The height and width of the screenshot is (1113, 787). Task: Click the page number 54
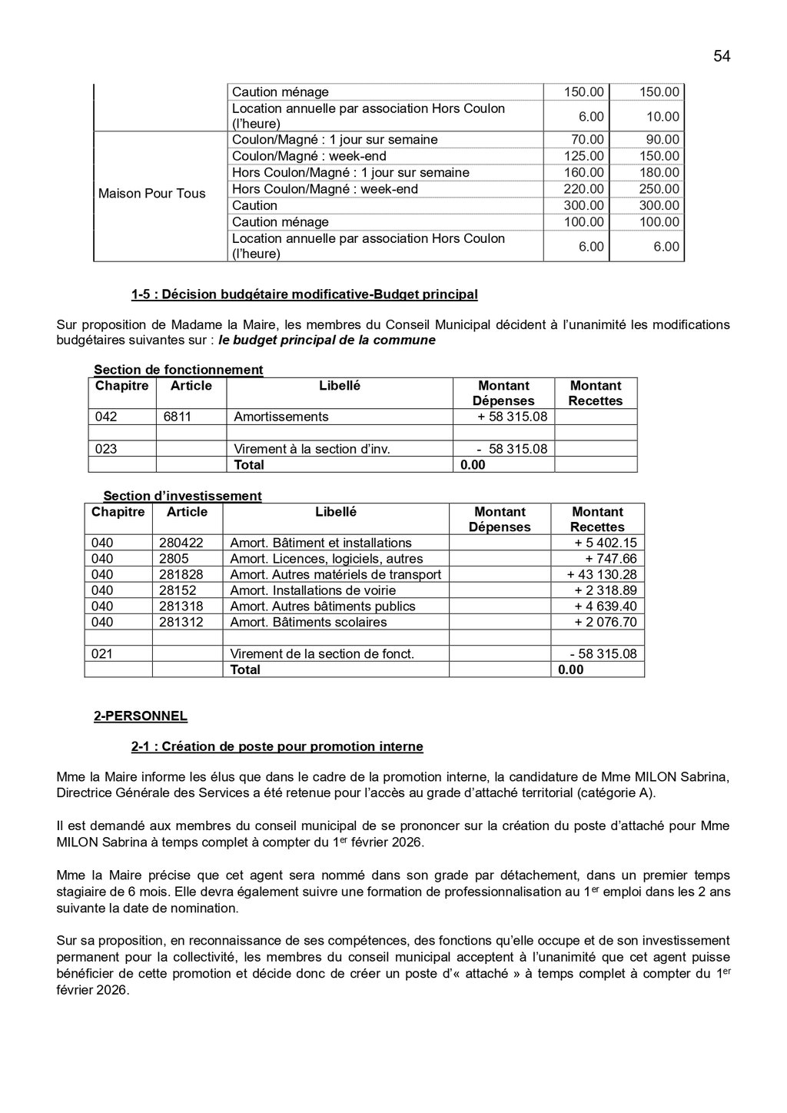coord(721,56)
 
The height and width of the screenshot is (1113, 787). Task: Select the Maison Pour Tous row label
coord(151,194)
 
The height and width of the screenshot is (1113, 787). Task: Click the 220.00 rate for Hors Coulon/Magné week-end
coord(584,189)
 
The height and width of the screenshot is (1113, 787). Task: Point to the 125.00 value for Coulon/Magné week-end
coord(584,156)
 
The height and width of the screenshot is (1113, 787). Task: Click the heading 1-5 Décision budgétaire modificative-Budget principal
coord(304,294)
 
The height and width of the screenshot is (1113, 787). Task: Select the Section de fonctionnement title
coord(178,370)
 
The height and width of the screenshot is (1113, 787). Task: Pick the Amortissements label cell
coord(281,417)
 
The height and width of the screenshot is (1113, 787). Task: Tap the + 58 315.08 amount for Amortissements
coord(512,417)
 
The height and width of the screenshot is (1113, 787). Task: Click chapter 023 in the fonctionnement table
coord(106,449)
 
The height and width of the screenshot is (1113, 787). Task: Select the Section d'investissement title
coord(182,496)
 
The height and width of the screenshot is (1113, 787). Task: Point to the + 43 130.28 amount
coord(602,575)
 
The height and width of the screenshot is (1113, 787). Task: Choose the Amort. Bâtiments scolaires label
coord(308,623)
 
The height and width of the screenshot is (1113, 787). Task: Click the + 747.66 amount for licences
coord(611,559)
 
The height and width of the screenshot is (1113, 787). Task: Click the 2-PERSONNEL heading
coord(140,716)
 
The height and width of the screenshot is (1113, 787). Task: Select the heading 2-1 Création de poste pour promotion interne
coord(277,746)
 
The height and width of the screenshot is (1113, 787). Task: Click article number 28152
coord(178,590)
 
